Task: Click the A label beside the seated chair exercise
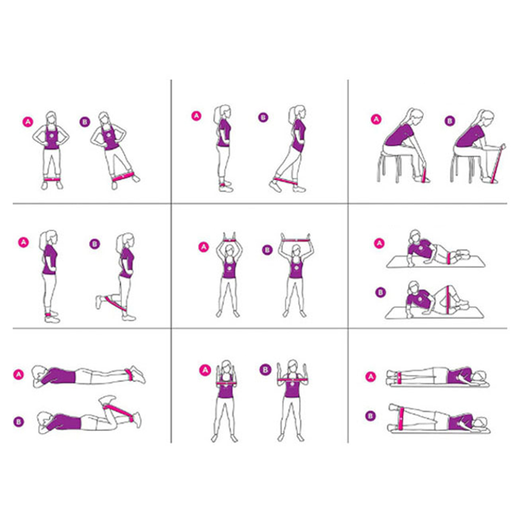coord(376,119)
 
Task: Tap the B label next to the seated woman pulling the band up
coord(449,121)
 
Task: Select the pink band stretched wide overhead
coord(296,240)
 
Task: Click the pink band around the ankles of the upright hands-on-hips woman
coord(52,179)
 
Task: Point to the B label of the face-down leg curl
coord(19,422)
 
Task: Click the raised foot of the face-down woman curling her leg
coord(107,400)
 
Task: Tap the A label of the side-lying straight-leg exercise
coord(371,376)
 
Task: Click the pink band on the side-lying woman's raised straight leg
coord(401,418)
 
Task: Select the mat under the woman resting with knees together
coord(435,262)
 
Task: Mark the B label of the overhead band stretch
coord(267,250)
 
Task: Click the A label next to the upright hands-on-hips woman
coord(28,122)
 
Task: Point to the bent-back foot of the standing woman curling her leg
coord(99,302)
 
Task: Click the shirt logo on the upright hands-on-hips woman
coord(51,135)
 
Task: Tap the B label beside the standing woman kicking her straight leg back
coord(263,117)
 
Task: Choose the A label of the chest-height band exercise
coord(205,370)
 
